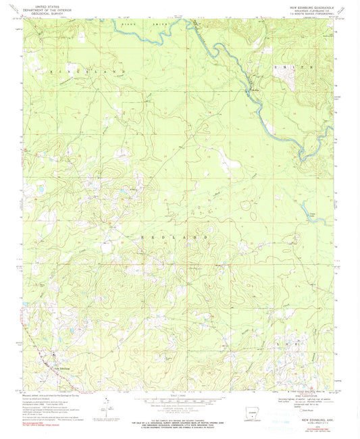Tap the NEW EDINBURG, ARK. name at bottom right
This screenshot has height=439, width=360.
pos(307,418)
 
